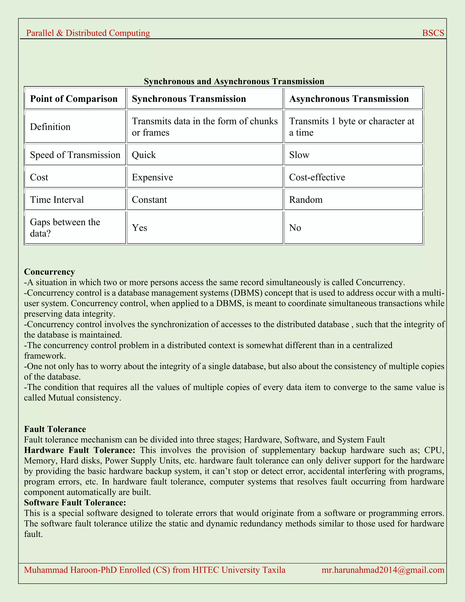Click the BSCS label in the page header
click(433, 33)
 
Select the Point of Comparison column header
click(74, 99)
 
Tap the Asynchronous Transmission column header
click(349, 99)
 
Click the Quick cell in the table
click(144, 155)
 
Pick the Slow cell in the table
click(299, 155)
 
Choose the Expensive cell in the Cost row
click(152, 177)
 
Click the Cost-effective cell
click(317, 177)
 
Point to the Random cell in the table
click(306, 199)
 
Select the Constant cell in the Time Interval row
click(149, 199)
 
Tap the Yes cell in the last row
click(139, 228)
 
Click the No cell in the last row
click(295, 228)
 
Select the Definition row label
click(50, 127)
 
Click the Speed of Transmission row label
click(75, 155)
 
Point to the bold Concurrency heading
click(49, 272)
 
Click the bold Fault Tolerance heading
click(55, 429)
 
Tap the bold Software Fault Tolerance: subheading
click(75, 502)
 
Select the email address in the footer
click(383, 570)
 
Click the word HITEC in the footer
click(205, 570)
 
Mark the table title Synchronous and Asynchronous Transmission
click(234, 81)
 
